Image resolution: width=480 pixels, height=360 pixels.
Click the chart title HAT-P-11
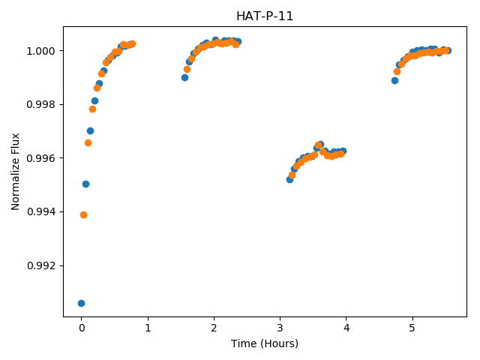pos(265,16)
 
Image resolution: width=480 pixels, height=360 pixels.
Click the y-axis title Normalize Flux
pos(15,172)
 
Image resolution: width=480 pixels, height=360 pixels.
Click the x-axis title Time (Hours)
pos(265,343)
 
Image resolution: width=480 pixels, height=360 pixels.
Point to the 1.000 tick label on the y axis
pos(41,51)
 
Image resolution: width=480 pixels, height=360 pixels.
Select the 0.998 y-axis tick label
pos(41,105)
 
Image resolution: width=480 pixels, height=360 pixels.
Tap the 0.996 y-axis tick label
pos(41,158)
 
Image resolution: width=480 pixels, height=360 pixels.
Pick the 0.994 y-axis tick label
pos(41,211)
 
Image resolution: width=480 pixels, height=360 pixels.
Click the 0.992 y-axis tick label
pos(41,265)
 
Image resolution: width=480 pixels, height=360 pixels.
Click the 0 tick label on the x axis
pos(82,328)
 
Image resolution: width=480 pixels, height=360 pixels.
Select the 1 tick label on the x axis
pos(148,328)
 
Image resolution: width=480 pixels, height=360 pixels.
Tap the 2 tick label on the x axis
pos(214,328)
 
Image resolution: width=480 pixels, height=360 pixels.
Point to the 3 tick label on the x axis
pos(280,328)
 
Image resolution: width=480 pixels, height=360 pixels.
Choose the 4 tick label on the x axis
pos(346,328)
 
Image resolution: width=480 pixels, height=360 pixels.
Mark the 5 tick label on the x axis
pos(412,328)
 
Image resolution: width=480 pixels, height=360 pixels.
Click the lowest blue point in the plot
pos(81,303)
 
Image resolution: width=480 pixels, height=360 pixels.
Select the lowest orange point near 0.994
pos(83,215)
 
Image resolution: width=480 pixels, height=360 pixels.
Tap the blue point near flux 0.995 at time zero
pos(85,184)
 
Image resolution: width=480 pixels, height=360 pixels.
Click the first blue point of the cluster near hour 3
pos(289,180)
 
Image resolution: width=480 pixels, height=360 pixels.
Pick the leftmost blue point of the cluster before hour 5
pos(394,81)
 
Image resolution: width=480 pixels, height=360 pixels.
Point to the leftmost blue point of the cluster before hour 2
pos(184,78)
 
